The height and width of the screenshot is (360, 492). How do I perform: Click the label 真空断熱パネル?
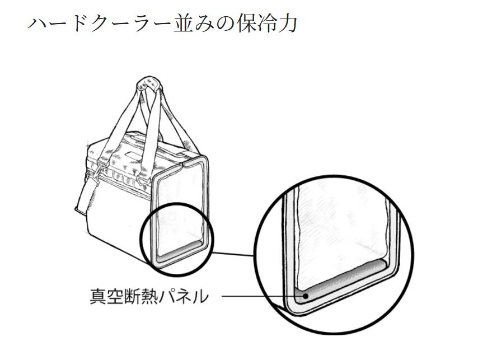coord(149,295)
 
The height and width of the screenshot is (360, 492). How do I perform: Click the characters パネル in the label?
coord(189,295)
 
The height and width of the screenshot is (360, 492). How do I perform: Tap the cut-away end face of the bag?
coord(181,207)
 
